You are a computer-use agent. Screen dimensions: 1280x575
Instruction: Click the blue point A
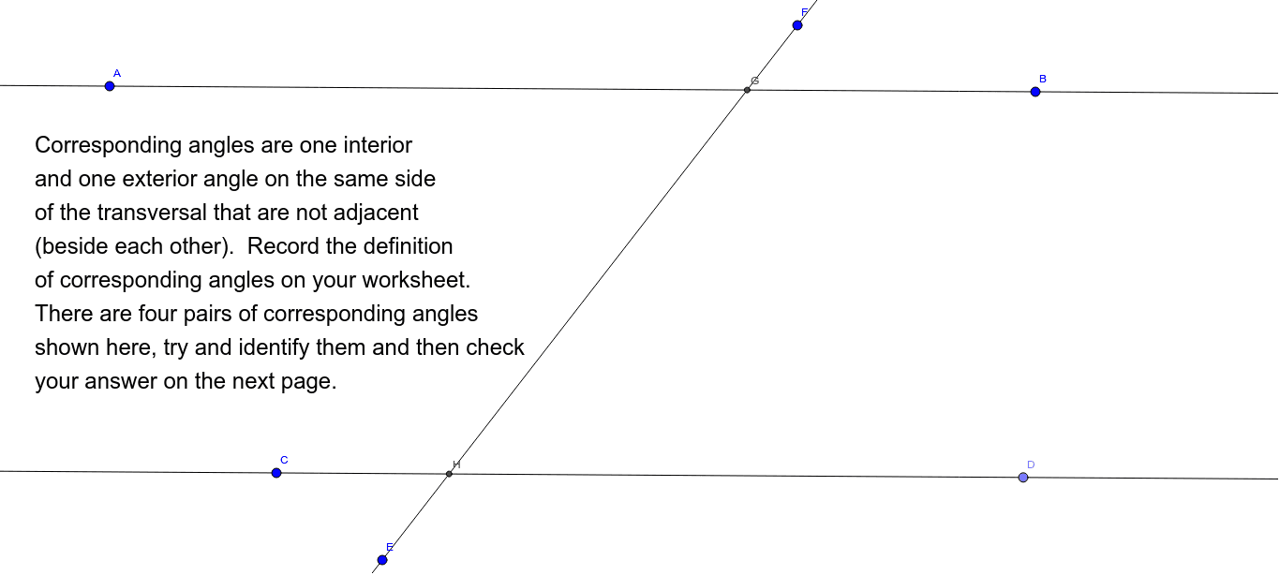[x=110, y=86]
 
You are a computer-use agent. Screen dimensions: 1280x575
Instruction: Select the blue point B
[x=1035, y=92]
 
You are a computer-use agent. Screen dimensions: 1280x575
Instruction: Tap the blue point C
[x=276, y=473]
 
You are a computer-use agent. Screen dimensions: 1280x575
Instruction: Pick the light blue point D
[x=1023, y=478]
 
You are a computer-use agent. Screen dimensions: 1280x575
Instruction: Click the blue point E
[x=382, y=560]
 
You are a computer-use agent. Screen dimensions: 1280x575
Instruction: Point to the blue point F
[x=797, y=25]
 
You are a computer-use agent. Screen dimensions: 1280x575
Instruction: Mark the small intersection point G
[x=748, y=90]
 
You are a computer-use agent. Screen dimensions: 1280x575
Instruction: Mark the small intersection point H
[x=449, y=474]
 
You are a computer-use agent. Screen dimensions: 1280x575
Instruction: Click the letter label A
[x=117, y=73]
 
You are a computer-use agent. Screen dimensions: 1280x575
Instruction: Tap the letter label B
[x=1043, y=79]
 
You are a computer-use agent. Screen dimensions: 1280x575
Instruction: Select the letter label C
[x=284, y=460]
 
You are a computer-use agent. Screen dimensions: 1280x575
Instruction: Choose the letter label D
[x=1031, y=464]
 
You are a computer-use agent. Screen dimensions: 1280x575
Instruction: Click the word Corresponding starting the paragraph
[x=109, y=146]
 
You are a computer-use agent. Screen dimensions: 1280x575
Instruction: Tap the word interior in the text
[x=378, y=145]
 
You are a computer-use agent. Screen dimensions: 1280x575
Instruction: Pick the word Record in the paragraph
[x=283, y=246]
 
